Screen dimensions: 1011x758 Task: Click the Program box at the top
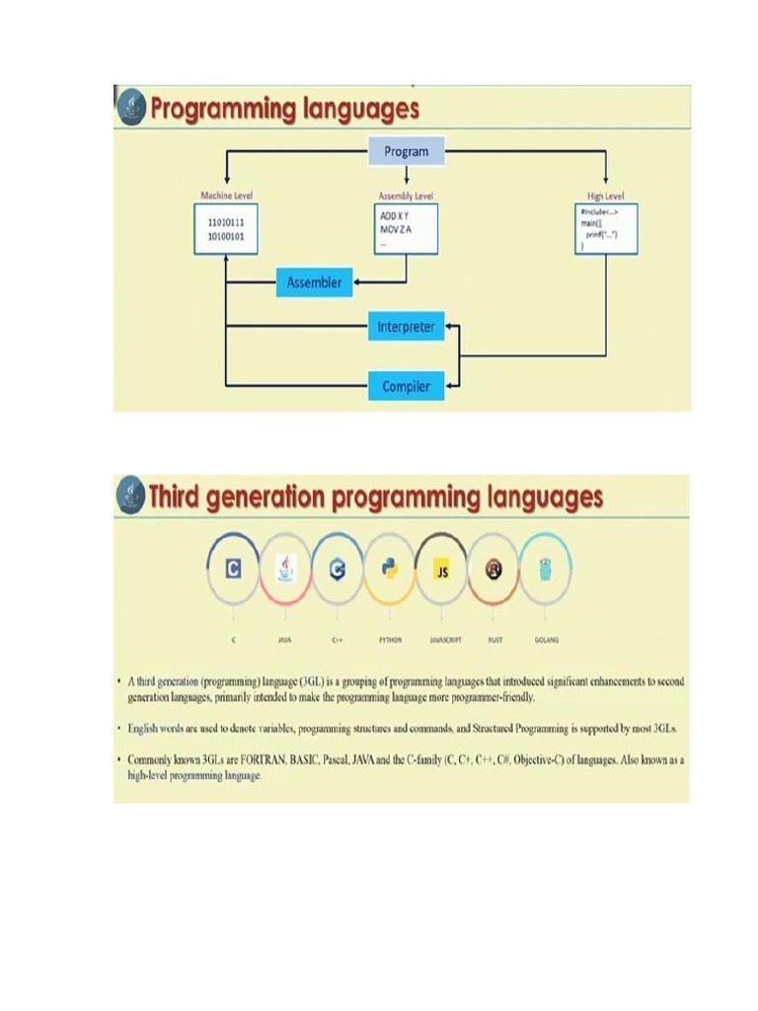point(407,151)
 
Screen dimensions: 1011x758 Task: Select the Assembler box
point(314,282)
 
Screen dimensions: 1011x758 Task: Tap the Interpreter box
point(406,327)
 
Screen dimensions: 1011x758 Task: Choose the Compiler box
point(406,386)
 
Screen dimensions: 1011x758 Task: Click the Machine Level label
point(227,195)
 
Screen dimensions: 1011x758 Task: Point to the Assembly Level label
point(406,195)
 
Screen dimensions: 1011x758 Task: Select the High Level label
point(606,195)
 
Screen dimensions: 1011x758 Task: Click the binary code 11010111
point(226,223)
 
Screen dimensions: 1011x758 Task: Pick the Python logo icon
point(390,569)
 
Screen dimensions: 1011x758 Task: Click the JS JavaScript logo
point(442,570)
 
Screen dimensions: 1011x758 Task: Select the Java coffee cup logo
point(285,569)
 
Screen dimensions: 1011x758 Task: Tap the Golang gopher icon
point(546,569)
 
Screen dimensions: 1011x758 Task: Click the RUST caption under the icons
point(494,640)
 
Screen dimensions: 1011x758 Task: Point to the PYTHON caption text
point(390,640)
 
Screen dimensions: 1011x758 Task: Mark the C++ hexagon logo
point(338,569)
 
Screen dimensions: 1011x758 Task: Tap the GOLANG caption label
point(546,640)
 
